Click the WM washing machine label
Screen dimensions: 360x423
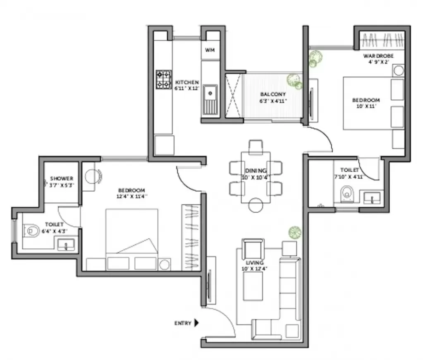tap(210, 50)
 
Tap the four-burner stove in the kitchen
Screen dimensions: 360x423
tap(164, 79)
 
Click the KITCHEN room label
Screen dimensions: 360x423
tap(187, 82)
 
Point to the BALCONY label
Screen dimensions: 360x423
tap(273, 94)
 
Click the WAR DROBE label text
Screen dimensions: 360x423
tap(378, 56)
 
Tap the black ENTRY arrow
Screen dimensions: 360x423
tap(197, 323)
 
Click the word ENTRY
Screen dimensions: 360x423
tap(183, 323)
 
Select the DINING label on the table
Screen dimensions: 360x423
tap(256, 170)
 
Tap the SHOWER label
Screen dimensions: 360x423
tap(62, 178)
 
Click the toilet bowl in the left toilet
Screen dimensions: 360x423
tap(31, 230)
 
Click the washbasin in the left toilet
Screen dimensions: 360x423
tap(65, 245)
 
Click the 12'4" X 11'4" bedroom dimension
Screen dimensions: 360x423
tap(132, 197)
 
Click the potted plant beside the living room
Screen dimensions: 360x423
tap(295, 232)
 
